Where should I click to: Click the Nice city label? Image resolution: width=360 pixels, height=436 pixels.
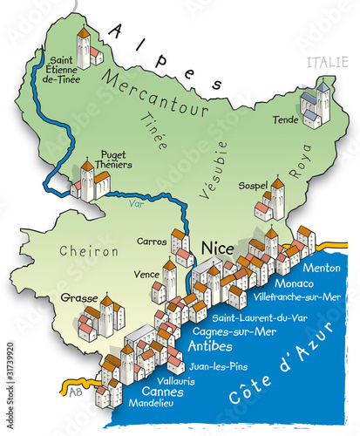(x=217, y=248)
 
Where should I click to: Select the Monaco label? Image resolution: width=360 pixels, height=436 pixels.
(x=293, y=283)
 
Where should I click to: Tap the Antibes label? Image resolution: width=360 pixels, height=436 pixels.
(x=209, y=346)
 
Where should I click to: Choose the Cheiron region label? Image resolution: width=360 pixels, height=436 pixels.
(x=88, y=251)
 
